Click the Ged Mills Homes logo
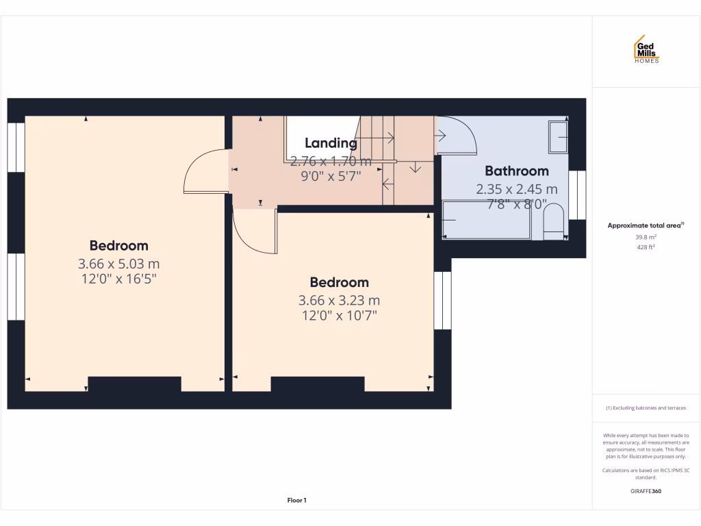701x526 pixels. point(646,49)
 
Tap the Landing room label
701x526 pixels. point(331,143)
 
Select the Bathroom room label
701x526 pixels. point(517,171)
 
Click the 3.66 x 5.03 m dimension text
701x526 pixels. point(119,264)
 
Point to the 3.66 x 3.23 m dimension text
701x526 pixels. point(339,300)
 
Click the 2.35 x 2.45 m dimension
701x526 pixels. point(517,189)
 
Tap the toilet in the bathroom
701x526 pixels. point(553,223)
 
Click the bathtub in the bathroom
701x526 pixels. point(487,220)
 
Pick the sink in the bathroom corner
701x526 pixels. point(558,138)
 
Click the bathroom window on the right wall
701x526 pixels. point(577,195)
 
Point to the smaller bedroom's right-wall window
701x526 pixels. point(443,300)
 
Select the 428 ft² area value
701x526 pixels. point(646,247)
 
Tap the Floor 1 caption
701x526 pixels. point(296,501)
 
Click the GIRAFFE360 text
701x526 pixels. point(646,491)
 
